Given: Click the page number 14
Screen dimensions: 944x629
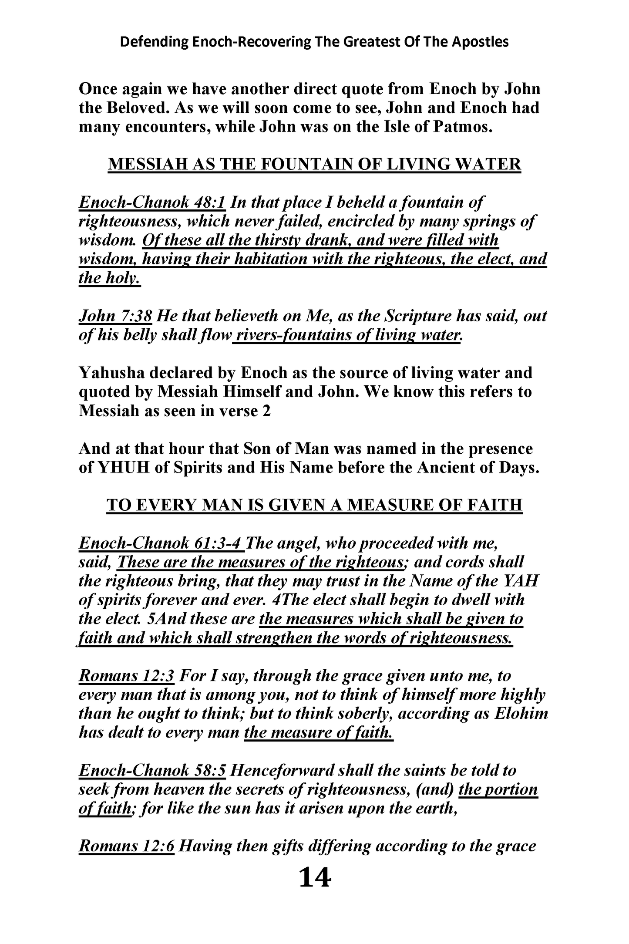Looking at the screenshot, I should coord(315,878).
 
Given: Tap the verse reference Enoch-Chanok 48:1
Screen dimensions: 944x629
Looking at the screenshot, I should coord(152,202).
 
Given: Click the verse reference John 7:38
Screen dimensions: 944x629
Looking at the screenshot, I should coord(115,316).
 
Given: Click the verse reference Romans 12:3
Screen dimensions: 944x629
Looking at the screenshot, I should coord(127,676).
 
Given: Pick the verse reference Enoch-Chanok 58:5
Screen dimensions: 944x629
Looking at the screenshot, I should coord(152,771).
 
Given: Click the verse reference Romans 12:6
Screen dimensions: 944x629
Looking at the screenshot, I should coord(127,846).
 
